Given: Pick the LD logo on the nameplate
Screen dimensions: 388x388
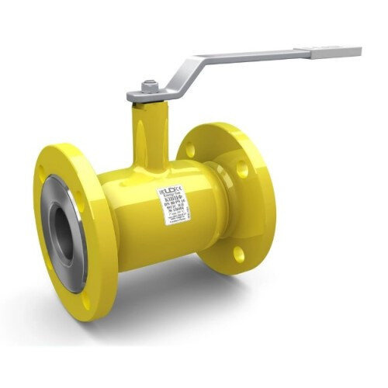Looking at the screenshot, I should (168, 189).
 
